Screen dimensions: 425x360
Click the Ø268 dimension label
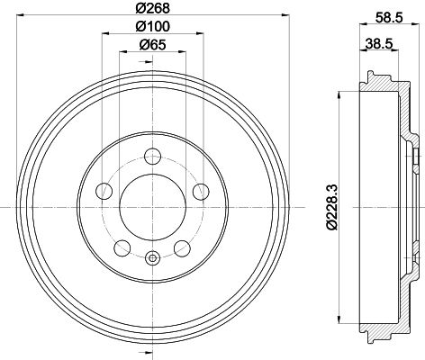(x=153, y=8)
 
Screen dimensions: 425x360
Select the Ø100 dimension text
(x=153, y=26)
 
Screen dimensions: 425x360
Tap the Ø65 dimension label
(x=153, y=45)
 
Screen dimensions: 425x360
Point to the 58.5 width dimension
(x=389, y=18)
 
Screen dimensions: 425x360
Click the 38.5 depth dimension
(x=379, y=44)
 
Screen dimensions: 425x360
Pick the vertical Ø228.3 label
(x=332, y=207)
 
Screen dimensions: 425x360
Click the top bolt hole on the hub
(x=153, y=157)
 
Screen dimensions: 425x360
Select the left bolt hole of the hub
(x=104, y=191)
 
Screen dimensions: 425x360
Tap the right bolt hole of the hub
(x=201, y=192)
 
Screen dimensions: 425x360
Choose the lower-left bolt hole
(x=122, y=248)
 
